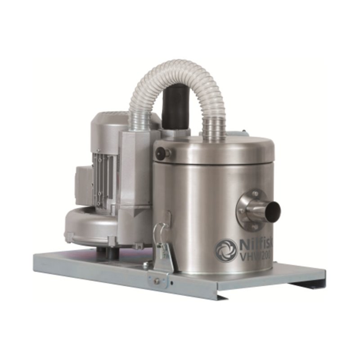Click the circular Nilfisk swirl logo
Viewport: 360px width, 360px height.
click(x=226, y=250)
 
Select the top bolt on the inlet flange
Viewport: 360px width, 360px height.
click(x=255, y=194)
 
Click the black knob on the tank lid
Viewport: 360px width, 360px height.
click(x=160, y=153)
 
